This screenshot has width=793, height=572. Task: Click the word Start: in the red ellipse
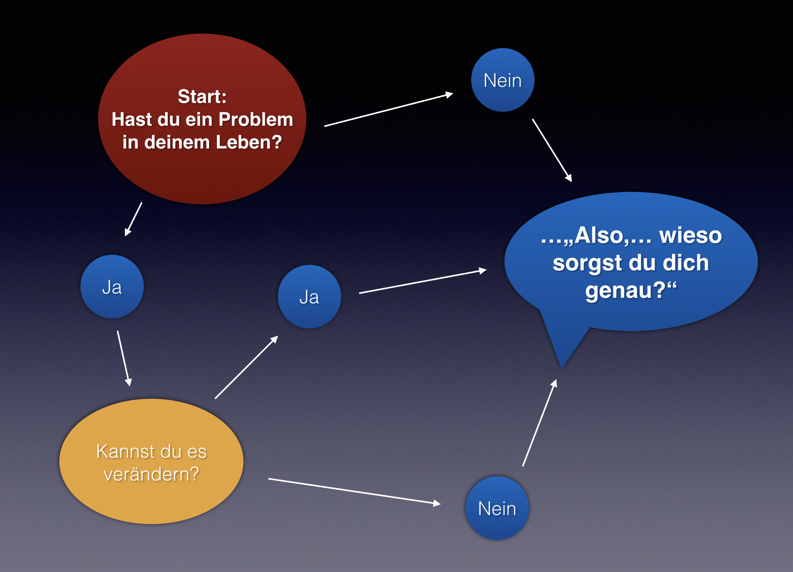pos(202,96)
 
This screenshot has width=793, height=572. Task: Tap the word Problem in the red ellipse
pos(256,119)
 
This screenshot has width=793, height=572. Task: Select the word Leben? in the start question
pos(249,142)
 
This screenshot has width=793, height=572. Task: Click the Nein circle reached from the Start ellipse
pos(503,80)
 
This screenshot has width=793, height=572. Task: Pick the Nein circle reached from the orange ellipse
pos(497,508)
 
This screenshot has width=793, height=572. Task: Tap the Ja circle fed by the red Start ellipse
pos(112,287)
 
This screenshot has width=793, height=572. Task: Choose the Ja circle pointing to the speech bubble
pos(309,297)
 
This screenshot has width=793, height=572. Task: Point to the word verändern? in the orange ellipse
pos(151,474)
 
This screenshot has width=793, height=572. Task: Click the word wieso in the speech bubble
pos(690,235)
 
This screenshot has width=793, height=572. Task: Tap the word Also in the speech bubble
pos(599,235)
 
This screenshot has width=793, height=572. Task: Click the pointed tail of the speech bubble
pos(562,368)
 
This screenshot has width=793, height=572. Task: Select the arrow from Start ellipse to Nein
pos(389,110)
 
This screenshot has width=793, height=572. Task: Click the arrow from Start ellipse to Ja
pos(134,219)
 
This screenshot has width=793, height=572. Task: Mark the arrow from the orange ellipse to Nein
pos(354,491)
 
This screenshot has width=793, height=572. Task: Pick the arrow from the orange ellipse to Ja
pos(246,367)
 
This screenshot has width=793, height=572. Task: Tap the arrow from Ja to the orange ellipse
pos(124,359)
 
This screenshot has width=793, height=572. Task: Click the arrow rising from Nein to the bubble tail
pos(540,422)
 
